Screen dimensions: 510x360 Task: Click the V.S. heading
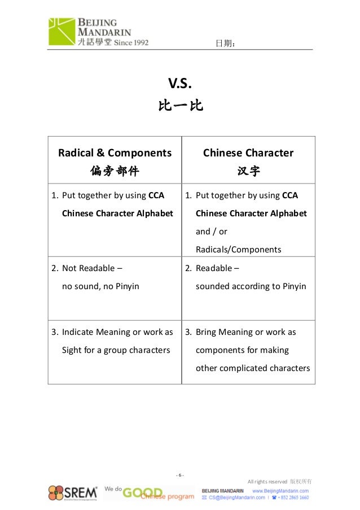[x=181, y=85]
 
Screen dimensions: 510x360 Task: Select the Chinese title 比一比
[x=181, y=106]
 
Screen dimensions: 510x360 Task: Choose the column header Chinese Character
[x=248, y=152]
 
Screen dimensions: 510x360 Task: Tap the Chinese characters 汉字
[x=248, y=171]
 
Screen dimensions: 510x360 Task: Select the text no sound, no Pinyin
[x=100, y=286]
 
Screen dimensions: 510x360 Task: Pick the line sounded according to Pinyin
[x=251, y=286]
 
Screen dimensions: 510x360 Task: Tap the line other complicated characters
[x=252, y=368]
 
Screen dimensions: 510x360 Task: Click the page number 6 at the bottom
[x=179, y=474]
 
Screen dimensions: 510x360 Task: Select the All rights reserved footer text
[x=268, y=481]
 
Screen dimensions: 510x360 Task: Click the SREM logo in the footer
[x=72, y=492]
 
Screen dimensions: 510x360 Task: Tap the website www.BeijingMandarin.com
[x=280, y=491]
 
